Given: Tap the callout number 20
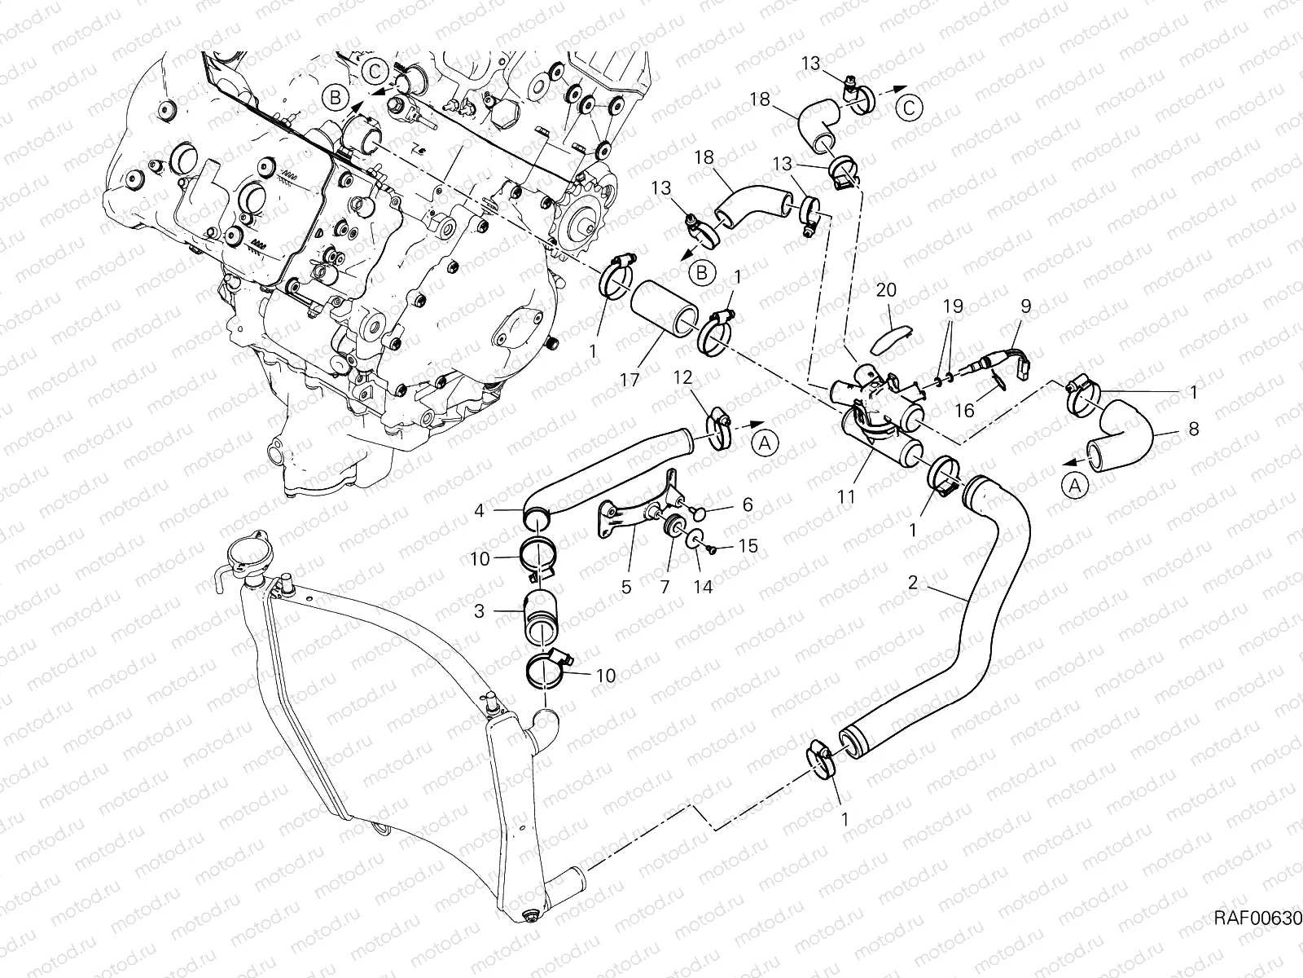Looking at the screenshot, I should click(x=887, y=290).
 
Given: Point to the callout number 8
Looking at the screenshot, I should click(x=1193, y=429).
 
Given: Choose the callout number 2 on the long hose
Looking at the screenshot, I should click(x=913, y=583).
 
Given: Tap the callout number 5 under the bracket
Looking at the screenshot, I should click(x=626, y=586).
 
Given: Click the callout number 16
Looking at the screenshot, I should click(x=964, y=412).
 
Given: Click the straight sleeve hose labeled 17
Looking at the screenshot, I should click(x=665, y=310).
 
